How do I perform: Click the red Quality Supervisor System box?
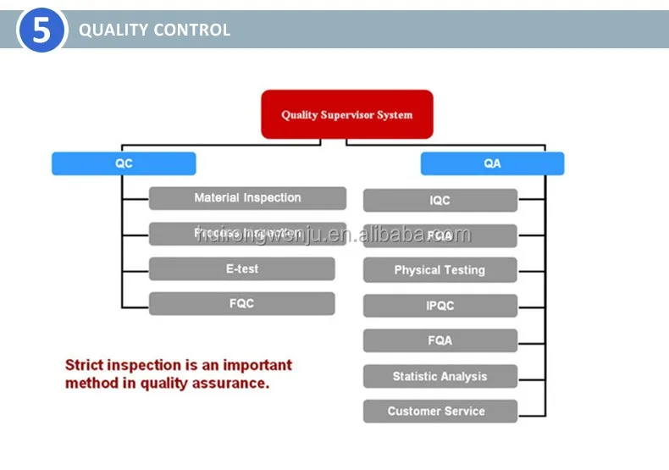tap(346, 114)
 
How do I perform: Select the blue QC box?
tap(124, 163)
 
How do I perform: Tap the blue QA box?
tap(492, 163)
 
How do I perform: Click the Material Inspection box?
tap(247, 198)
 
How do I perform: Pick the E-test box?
tap(241, 268)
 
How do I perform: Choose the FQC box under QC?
tap(241, 303)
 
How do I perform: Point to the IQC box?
tap(440, 201)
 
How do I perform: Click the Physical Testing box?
tap(440, 270)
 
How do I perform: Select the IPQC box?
tap(440, 306)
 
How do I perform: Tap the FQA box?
tap(440, 340)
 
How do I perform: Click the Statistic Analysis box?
tap(440, 376)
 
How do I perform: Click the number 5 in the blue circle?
tap(41, 30)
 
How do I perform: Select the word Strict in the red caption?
tap(86, 366)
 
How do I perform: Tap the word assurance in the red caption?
tap(230, 383)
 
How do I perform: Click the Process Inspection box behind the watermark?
tap(247, 234)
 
